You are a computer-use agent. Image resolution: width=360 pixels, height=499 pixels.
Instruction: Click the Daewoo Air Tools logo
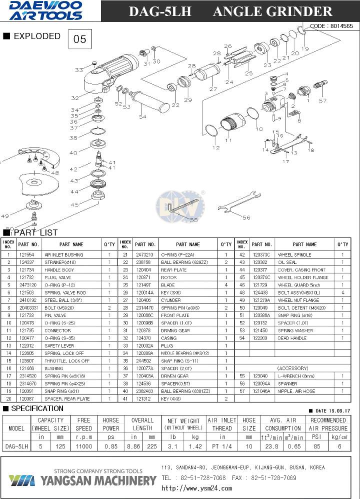pyautogui.click(x=46, y=10)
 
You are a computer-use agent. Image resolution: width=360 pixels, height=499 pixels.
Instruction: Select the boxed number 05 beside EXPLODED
pyautogui.click(x=80, y=39)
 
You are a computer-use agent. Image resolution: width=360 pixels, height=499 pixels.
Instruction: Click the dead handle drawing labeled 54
pyautogui.click(x=150, y=102)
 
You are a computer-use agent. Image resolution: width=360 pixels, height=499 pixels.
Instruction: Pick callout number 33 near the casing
pyautogui.click(x=79, y=70)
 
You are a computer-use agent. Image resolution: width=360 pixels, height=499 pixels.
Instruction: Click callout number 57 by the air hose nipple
pyautogui.click(x=322, y=100)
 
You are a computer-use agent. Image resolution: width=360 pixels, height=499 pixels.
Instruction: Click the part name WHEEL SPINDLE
pyautogui.click(x=294, y=255)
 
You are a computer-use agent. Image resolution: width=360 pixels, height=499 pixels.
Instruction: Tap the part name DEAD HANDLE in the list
pyautogui.click(x=292, y=338)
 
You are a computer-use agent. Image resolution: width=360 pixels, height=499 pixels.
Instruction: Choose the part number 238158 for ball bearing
pyautogui.click(x=143, y=262)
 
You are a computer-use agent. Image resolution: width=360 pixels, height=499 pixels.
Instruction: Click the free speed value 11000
pyautogui.click(x=84, y=445)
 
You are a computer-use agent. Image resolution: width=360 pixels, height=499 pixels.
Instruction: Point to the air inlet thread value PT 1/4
pyautogui.click(x=222, y=445)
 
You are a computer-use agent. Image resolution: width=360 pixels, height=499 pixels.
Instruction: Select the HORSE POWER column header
pyautogui.click(x=110, y=424)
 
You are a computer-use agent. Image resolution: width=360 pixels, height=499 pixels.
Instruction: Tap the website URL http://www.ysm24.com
pyautogui.click(x=197, y=488)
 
